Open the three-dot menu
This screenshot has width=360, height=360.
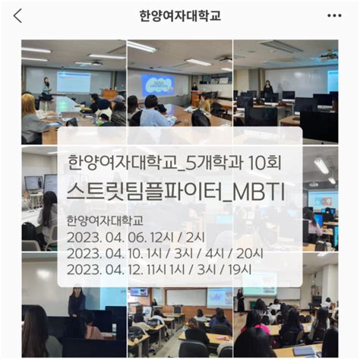334,16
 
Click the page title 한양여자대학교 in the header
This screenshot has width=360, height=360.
180,16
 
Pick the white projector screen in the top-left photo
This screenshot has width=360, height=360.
73,81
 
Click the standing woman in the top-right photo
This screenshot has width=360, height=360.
267,90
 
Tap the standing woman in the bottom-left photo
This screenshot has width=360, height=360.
77,302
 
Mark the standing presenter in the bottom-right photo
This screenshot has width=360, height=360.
241,300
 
